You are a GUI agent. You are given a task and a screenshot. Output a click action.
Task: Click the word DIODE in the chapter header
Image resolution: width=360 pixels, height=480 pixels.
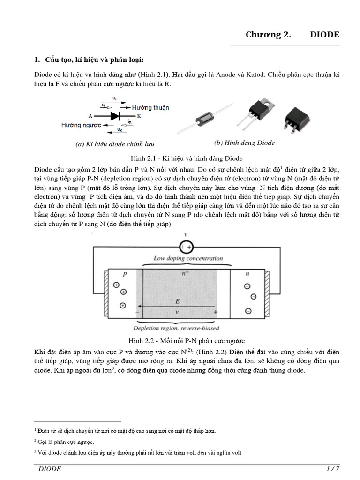tap(324, 35)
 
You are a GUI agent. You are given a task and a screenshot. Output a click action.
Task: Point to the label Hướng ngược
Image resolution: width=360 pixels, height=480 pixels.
tap(81, 125)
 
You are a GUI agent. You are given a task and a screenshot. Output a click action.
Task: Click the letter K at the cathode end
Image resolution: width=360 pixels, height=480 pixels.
tap(139, 115)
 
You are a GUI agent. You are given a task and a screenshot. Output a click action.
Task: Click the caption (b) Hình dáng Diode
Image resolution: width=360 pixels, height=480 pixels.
tap(244, 143)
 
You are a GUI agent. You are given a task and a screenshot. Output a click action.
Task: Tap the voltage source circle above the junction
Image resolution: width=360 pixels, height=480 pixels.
tap(187, 246)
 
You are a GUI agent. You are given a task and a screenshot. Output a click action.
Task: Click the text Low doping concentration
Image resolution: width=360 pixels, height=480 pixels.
tap(188, 258)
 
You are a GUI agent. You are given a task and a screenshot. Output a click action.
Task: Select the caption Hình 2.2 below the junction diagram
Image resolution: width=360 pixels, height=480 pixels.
tap(187, 341)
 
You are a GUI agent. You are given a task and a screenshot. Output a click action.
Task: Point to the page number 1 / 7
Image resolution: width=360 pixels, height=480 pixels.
tap(332, 469)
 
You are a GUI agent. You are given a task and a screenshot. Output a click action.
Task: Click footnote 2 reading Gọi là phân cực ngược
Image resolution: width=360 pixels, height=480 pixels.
tap(65, 442)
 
